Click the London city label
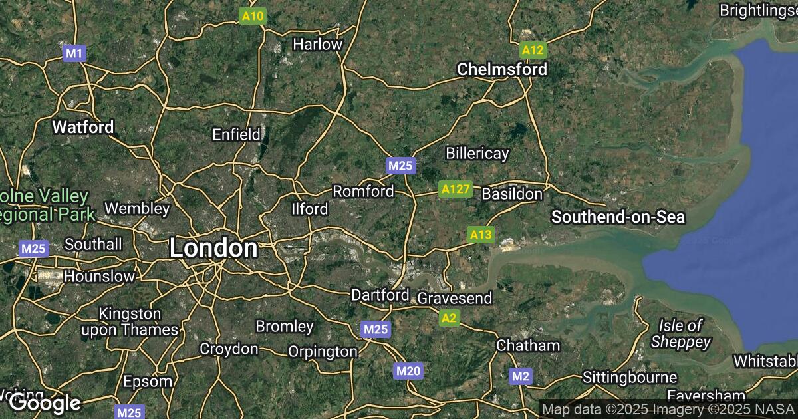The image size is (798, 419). point(213,249)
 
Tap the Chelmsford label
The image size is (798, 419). point(502,69)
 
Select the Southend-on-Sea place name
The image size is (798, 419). point(618,217)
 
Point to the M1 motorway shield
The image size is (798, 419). point(74,53)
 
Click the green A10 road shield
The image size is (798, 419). point(253,16)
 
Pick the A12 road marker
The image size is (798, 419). point(533,50)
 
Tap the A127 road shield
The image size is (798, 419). point(456,190)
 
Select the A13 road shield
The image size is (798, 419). point(481,235)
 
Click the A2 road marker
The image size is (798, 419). point(450,319)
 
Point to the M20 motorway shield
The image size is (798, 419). point(408,371)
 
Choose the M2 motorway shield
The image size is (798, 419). point(521,377)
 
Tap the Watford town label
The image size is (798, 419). point(83,126)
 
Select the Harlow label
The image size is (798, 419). point(318,45)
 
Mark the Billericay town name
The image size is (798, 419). point(477,154)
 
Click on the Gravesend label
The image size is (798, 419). point(455,298)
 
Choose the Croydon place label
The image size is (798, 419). point(229,349)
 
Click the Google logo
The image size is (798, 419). point(45,402)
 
